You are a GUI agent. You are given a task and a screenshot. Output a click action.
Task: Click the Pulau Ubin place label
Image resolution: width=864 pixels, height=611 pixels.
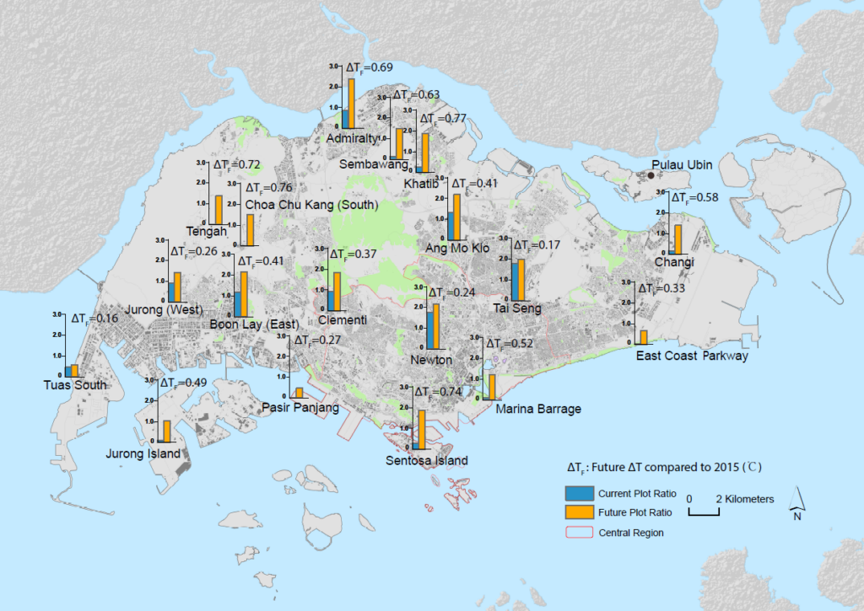coord(688,164)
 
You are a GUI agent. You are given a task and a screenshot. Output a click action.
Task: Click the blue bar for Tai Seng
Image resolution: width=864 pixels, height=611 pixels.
coord(514,281)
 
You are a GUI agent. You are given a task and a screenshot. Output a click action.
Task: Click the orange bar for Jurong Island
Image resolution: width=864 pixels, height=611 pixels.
coord(167,431)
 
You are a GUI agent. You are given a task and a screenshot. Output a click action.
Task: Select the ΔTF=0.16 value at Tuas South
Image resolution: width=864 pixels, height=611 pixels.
coord(94,319)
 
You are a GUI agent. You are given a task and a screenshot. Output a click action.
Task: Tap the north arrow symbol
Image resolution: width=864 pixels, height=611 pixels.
coord(796,504)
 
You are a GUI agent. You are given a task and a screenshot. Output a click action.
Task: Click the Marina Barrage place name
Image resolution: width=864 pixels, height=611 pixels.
coord(538,409)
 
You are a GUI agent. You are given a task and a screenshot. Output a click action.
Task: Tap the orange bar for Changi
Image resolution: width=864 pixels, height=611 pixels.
coord(678,239)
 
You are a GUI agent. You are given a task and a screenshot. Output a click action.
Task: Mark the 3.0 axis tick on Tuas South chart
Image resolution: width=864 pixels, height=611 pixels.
coord(57,314)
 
